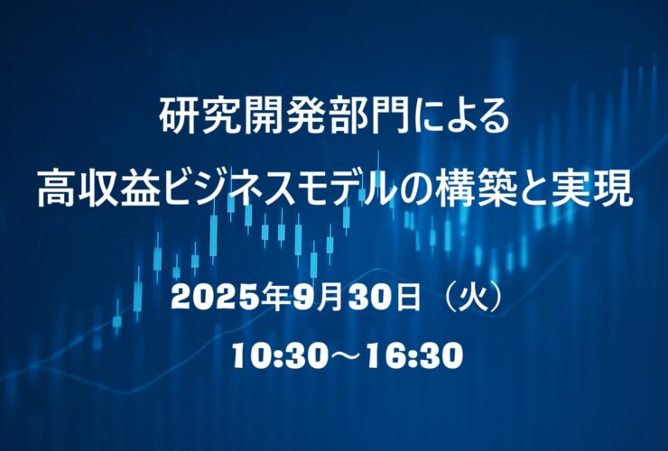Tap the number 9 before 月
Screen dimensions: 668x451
click(x=302, y=298)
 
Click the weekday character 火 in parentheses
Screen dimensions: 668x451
click(x=476, y=298)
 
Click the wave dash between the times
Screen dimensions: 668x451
click(x=343, y=357)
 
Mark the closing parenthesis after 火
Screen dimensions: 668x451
click(x=498, y=298)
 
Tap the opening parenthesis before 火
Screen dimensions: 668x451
click(x=451, y=298)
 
